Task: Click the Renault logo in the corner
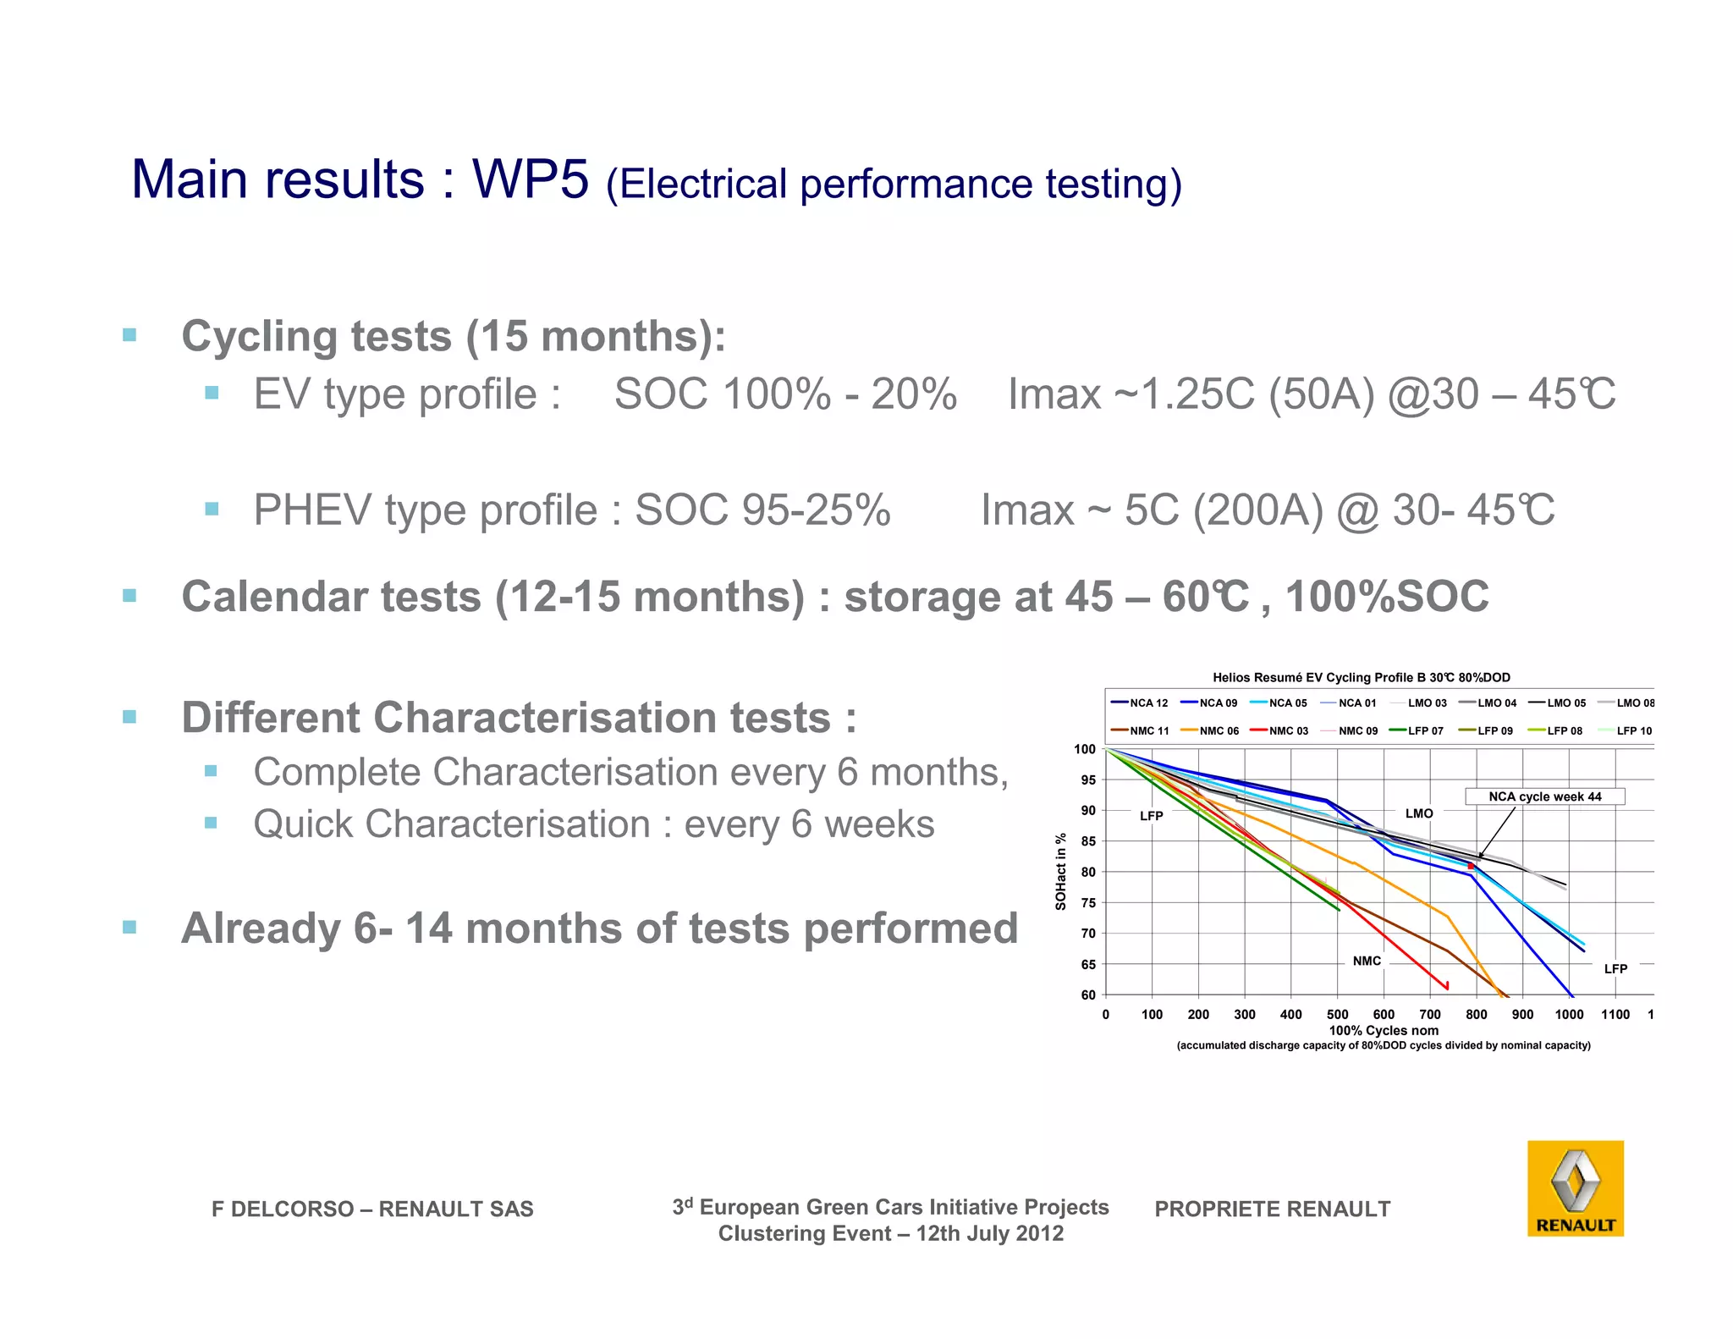point(1575,1187)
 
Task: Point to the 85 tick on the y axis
point(1087,841)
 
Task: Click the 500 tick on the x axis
point(1337,1014)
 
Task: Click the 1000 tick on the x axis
point(1569,1014)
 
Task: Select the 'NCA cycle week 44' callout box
point(1544,796)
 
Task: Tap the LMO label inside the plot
point(1419,813)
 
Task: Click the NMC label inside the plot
point(1367,961)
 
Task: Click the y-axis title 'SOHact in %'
point(1060,872)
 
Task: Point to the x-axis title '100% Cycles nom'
point(1384,1030)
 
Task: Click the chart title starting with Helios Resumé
point(1361,677)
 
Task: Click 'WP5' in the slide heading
point(530,179)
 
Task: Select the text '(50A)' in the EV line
point(1322,394)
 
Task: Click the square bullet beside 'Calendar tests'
point(129,596)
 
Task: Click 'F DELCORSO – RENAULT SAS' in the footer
point(372,1209)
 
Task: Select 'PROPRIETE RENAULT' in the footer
point(1272,1209)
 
